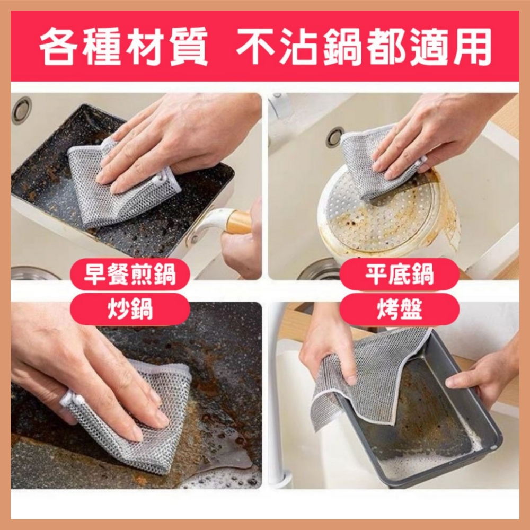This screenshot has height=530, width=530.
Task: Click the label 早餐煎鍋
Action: coord(130,275)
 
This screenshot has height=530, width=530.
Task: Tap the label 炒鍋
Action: coord(130,310)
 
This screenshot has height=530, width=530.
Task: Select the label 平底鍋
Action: coord(399,275)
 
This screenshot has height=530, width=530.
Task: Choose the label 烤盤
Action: coord(399,310)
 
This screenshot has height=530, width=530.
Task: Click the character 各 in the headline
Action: coord(58,47)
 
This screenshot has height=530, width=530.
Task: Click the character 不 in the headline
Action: coord(256,47)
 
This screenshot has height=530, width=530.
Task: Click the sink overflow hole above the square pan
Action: coord(21,110)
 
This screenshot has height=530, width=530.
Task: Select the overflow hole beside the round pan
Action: coord(334,137)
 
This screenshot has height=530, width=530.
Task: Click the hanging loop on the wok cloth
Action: coord(72,399)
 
